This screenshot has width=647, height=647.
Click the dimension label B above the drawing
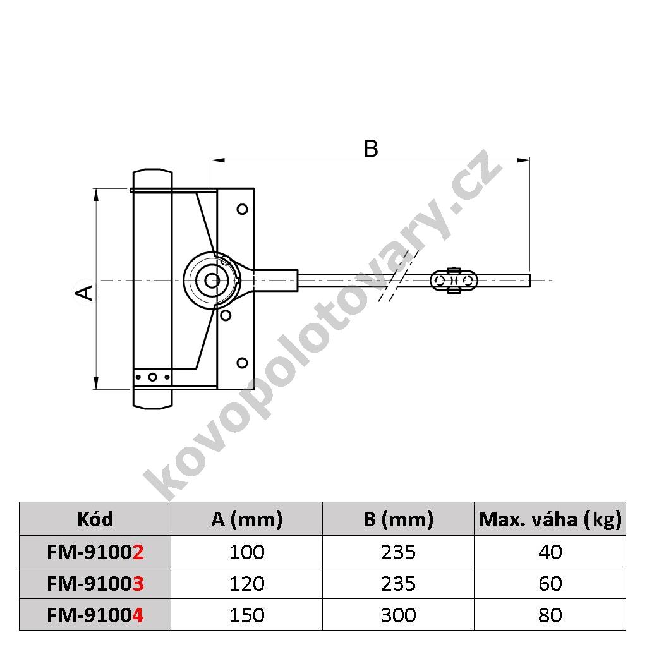coord(370,148)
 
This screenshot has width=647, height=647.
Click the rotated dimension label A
coord(85,292)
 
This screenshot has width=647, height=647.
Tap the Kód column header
coord(95,519)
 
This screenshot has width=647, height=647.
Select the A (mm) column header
coord(247,519)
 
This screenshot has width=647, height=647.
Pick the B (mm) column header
coord(398,519)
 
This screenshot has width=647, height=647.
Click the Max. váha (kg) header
coord(550,519)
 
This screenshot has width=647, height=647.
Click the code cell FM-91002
coord(95,552)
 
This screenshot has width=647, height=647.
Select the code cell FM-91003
coord(95,583)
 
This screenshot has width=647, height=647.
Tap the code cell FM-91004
coord(95,615)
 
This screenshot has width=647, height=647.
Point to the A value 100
coord(247,552)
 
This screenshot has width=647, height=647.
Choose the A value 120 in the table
coord(247,583)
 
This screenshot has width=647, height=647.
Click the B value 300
coord(398,615)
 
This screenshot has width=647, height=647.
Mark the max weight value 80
coord(550,615)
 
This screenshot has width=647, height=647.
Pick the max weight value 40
coord(550,552)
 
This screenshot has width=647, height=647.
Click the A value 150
coord(247,615)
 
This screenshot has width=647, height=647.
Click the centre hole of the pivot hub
coord(212,281)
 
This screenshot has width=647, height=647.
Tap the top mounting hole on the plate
coord(242,209)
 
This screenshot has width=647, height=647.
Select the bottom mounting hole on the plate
coord(242,363)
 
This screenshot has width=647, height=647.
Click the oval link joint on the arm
coord(454,281)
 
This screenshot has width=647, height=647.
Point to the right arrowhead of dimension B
coord(524,160)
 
